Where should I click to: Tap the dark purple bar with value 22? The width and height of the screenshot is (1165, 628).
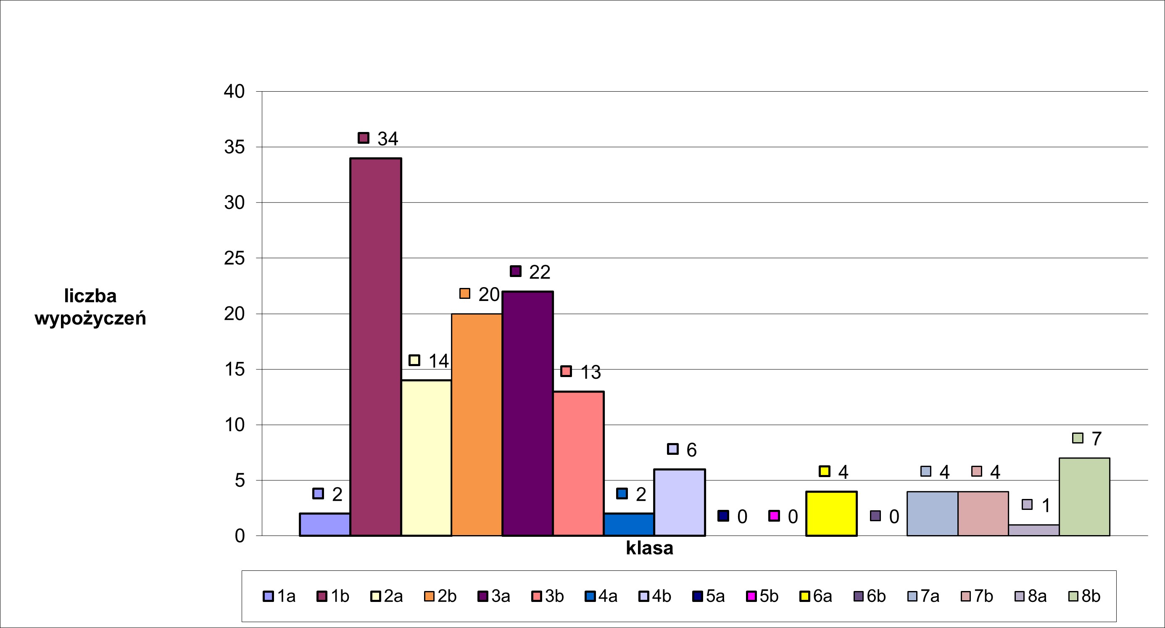[527, 414]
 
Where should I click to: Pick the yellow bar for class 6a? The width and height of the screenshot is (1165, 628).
[831, 514]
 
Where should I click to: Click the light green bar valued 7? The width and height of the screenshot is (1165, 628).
[1084, 497]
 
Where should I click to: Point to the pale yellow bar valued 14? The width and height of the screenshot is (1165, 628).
[426, 458]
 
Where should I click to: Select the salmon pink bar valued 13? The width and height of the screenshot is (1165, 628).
[578, 463]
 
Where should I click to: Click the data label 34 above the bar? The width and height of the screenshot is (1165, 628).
[387, 139]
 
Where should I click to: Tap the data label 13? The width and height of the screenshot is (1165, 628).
[590, 372]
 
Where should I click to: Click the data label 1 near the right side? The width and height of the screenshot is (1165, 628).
[1046, 505]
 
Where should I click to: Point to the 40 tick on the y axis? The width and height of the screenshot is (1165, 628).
[234, 92]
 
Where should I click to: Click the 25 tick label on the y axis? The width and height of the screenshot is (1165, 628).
[234, 259]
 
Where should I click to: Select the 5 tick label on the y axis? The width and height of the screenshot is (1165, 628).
[239, 480]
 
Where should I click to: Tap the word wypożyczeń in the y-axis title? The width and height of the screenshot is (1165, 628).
[90, 319]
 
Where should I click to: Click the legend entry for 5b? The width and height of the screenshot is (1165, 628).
[762, 596]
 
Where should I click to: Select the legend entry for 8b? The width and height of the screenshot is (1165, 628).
[1084, 596]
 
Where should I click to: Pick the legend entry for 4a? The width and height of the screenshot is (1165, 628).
[601, 596]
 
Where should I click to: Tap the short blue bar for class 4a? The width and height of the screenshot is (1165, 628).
[629, 525]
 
